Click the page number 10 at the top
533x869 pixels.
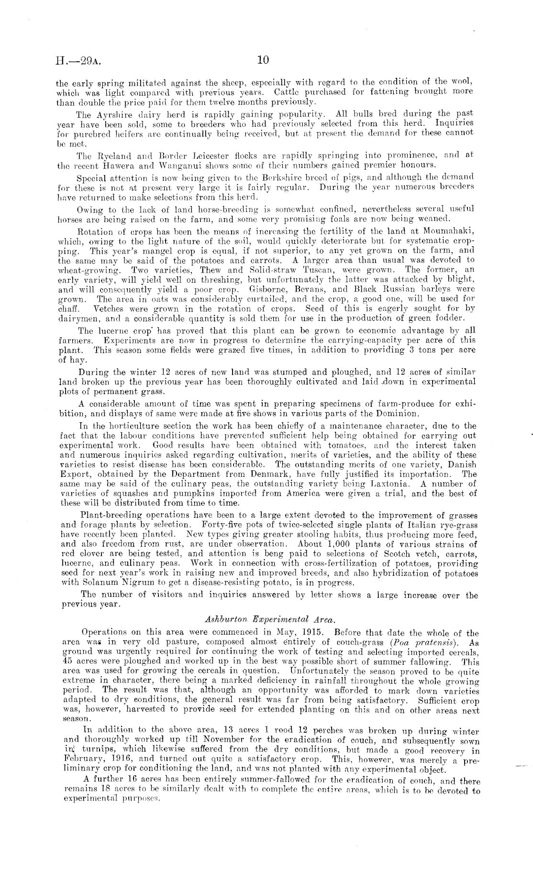pos(263,60)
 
